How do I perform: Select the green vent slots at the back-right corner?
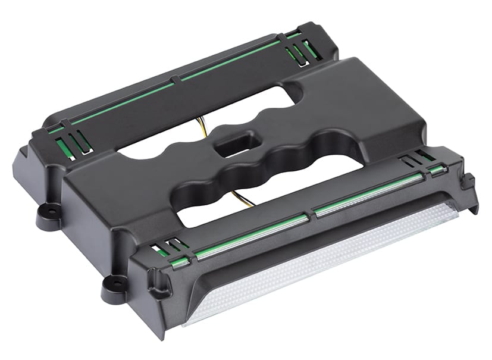click(297, 51)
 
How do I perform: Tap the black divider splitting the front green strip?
click(310, 212)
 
